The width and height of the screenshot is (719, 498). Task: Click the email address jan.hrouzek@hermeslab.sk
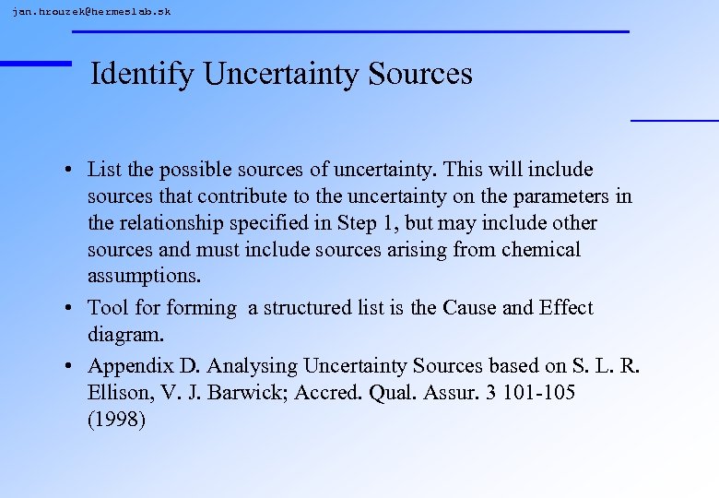tap(91, 11)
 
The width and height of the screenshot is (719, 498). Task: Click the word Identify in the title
tap(143, 74)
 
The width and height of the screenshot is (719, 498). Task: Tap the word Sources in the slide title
tap(419, 74)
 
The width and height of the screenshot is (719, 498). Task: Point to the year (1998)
tap(116, 420)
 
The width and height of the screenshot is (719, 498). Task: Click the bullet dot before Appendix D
tap(69, 366)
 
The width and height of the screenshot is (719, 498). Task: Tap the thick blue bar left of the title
tap(35, 63)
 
